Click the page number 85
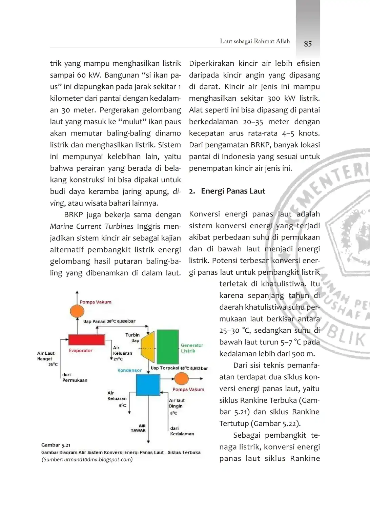(x=308, y=44)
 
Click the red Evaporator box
(x=86, y=339)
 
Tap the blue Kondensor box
(x=148, y=384)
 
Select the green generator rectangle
(x=167, y=346)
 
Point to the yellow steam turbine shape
(x=148, y=347)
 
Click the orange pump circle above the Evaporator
(x=77, y=311)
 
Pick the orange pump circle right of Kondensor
(x=182, y=379)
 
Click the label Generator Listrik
(x=192, y=348)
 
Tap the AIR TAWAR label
(x=138, y=428)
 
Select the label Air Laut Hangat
(x=46, y=356)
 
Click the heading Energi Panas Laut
(x=233, y=191)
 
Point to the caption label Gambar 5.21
(x=56, y=445)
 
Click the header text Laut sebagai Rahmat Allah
(x=255, y=41)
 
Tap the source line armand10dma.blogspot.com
(x=87, y=459)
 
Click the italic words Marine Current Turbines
(x=92, y=226)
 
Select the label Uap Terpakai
(x=165, y=368)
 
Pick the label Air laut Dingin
(x=177, y=403)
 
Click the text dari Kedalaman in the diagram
(x=182, y=431)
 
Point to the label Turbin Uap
(x=133, y=338)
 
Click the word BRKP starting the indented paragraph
(x=73, y=215)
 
